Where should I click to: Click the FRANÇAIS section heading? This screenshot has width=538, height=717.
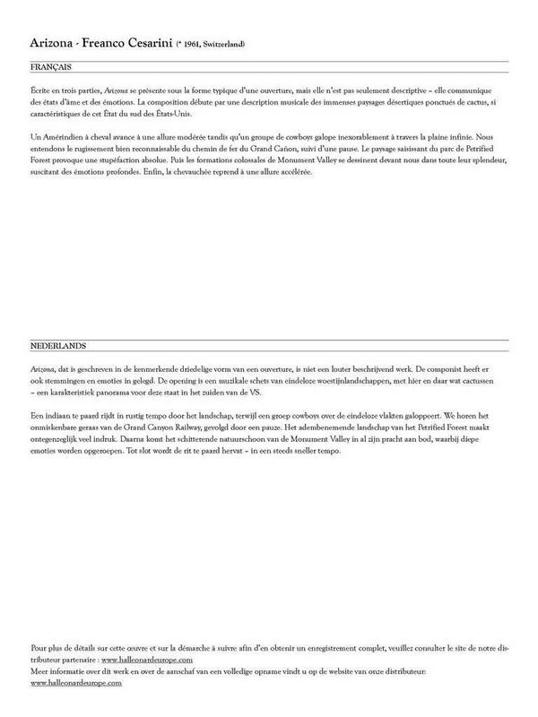pyautogui.click(x=51, y=67)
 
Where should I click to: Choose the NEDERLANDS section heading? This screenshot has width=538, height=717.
pyautogui.click(x=58, y=345)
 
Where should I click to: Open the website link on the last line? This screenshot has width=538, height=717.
pyautogui.click(x=76, y=683)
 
